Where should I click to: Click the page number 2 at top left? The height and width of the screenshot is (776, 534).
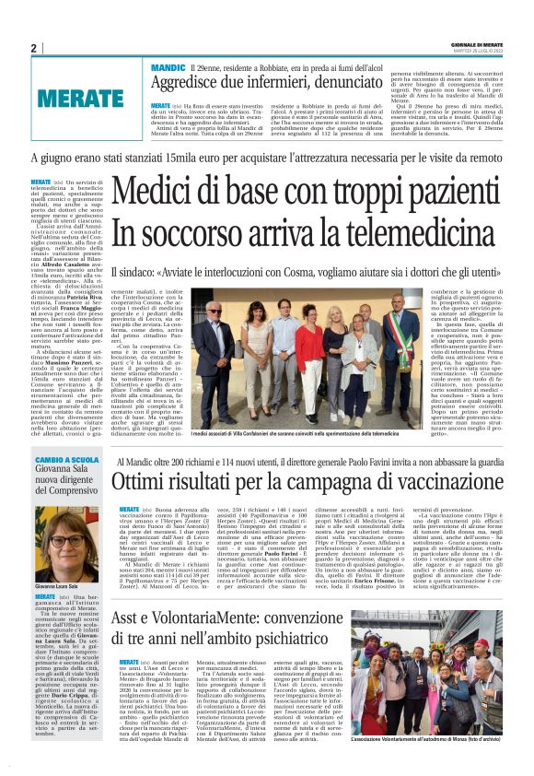[x=33, y=48]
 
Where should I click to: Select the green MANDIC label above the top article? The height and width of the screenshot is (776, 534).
[x=168, y=69]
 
